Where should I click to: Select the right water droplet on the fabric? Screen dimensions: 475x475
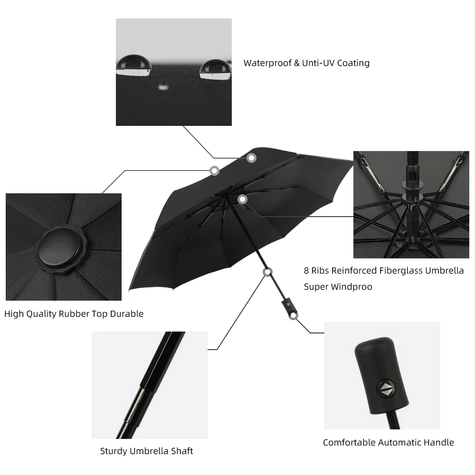point(216,69)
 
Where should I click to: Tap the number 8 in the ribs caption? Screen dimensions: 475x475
point(307,271)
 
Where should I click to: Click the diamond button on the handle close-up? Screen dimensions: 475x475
point(385,389)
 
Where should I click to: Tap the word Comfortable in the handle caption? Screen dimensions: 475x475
point(349,442)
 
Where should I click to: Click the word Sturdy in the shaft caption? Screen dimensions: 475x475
point(113,451)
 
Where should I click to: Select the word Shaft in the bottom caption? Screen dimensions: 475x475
point(182,451)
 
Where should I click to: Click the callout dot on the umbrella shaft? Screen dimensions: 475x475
point(267,272)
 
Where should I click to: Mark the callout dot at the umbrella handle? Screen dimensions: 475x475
point(294,315)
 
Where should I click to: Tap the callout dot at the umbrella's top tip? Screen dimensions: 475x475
point(215,170)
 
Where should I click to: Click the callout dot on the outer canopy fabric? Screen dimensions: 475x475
point(251,158)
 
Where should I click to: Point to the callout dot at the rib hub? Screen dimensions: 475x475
point(243,199)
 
